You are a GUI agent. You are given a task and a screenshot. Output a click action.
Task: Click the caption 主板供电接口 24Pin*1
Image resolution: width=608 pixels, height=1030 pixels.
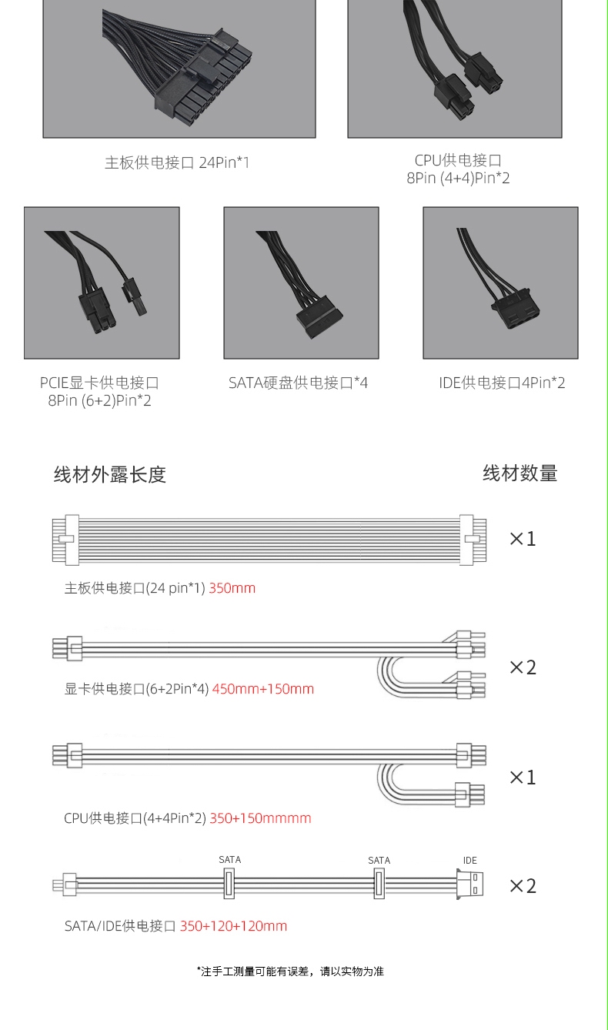click(177, 162)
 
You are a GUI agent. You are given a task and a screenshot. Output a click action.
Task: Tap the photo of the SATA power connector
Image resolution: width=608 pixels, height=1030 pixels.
click(302, 283)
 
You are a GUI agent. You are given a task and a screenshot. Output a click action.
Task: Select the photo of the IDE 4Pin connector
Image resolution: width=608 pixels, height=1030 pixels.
click(500, 283)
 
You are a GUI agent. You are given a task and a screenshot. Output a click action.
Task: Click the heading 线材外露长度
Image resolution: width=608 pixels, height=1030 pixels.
click(110, 474)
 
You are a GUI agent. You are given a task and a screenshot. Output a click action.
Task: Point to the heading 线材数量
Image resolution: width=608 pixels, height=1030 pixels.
click(520, 473)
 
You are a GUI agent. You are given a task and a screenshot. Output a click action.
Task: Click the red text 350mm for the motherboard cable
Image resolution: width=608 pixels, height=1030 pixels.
click(232, 588)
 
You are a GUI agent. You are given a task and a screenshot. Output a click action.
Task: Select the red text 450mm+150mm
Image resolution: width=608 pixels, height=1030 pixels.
click(263, 689)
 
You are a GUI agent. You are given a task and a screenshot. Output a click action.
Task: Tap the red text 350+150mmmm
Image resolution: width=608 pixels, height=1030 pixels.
click(261, 818)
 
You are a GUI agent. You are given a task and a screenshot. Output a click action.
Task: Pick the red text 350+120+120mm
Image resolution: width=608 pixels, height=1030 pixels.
click(233, 925)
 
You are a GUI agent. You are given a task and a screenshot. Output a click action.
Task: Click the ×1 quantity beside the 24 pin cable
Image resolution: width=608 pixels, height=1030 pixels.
click(523, 539)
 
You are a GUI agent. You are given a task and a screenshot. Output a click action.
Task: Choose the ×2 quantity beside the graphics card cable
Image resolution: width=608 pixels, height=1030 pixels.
click(523, 667)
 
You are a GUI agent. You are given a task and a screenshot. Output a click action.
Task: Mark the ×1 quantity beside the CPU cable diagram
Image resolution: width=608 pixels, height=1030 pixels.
click(523, 777)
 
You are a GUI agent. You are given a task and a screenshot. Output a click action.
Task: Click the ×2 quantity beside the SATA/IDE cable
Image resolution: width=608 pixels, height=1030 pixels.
click(523, 885)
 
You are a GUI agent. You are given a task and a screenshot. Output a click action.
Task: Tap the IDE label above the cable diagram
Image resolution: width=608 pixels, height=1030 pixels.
click(470, 861)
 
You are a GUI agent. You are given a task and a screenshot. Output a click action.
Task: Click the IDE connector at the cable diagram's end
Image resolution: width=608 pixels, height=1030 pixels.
click(469, 884)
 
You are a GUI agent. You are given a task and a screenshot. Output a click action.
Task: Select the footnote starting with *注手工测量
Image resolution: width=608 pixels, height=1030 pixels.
click(290, 971)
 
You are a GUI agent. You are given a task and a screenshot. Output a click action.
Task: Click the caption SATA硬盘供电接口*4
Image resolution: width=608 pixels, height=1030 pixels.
click(299, 383)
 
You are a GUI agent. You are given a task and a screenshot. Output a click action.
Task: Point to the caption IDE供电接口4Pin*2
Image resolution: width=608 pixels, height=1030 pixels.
click(502, 383)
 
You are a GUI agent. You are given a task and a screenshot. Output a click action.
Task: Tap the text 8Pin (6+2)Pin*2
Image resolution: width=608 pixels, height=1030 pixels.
click(100, 400)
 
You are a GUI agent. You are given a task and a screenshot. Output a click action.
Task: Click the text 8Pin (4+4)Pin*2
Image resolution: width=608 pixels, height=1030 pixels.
click(458, 178)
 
